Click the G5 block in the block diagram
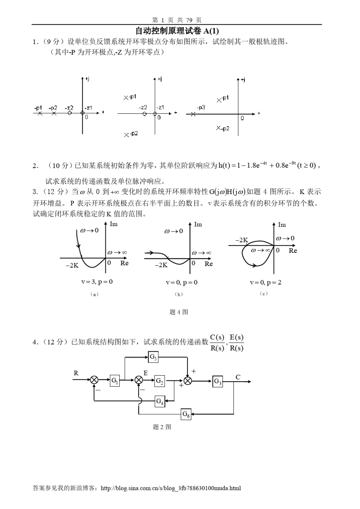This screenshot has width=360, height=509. point(153,357)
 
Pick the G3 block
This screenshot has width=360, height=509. point(218,381)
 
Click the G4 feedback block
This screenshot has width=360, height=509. point(160,401)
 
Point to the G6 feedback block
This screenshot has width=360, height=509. point(186,414)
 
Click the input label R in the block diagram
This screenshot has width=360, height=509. point(76,373)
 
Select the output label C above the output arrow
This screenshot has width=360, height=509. point(238,377)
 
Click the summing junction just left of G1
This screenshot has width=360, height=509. point(94,381)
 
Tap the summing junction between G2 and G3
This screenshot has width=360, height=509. point(188,381)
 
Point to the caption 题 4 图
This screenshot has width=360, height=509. point(179,312)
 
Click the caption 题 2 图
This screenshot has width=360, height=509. point(162,427)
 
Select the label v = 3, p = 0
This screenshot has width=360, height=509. point(97,282)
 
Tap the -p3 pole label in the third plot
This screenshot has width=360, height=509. point(201,108)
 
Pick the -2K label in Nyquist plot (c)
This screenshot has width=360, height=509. point(241,240)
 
